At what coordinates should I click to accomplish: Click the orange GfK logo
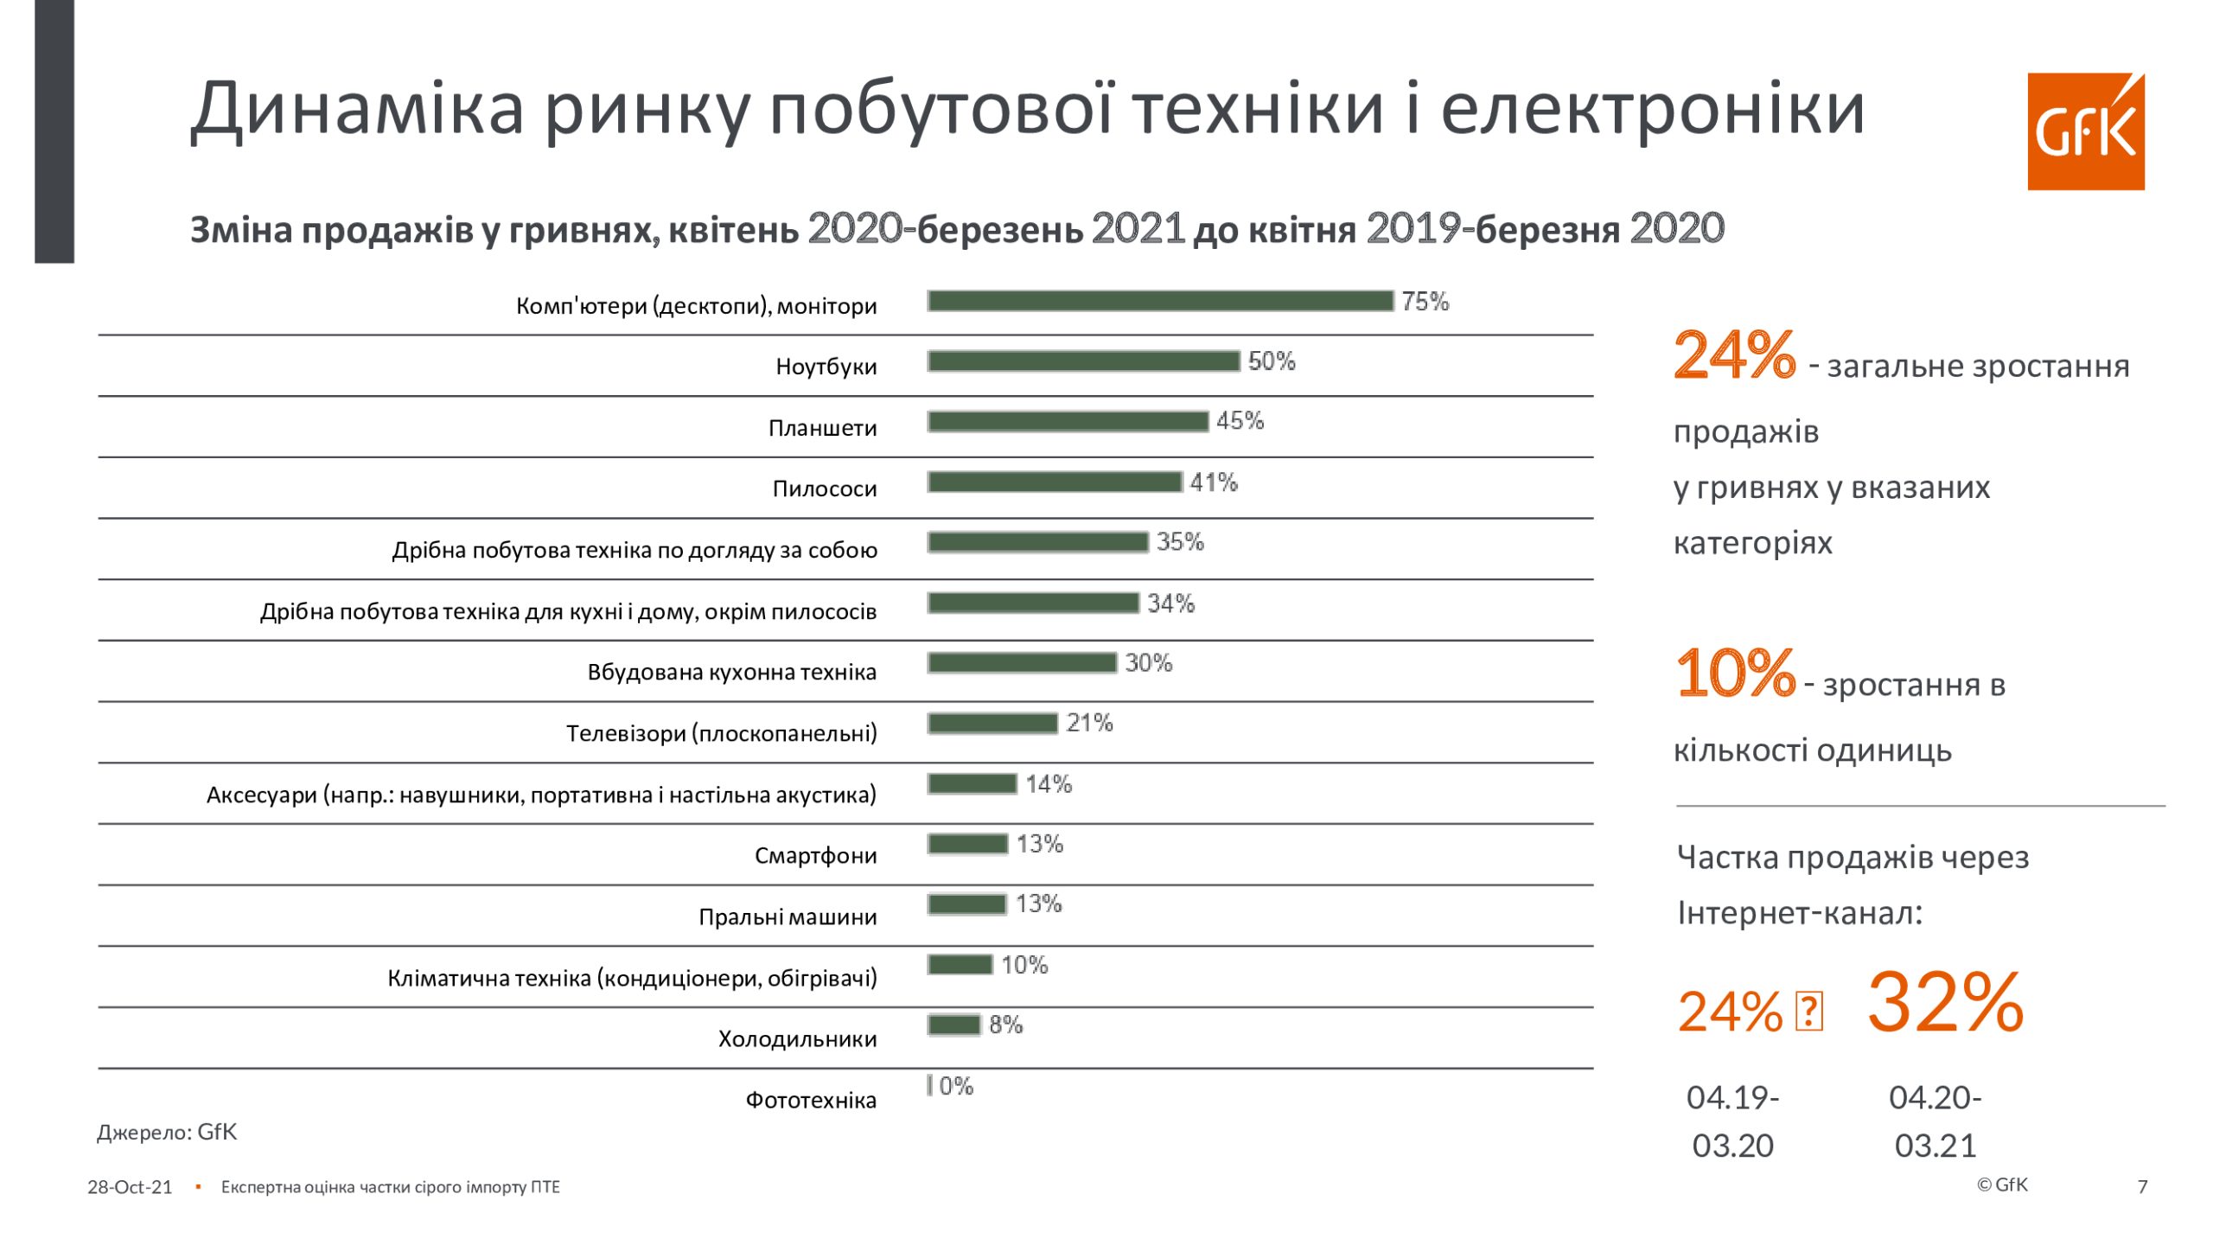pos(2085,131)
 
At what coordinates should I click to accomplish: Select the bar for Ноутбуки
pos(1083,361)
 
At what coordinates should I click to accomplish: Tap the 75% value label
pos(1425,302)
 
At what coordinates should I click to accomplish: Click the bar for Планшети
pos(1068,422)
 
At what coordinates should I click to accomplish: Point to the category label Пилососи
pos(824,489)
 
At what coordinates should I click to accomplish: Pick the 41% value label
pos(1214,482)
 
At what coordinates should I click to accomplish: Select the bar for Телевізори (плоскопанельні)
pos(992,724)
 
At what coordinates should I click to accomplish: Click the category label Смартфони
pos(815,856)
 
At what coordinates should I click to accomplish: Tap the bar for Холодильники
pos(954,1025)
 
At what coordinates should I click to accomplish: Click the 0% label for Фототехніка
pos(956,1086)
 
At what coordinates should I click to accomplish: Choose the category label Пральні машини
pos(788,917)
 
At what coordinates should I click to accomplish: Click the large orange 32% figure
pos(1945,1003)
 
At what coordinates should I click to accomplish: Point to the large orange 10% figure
pos(1735,673)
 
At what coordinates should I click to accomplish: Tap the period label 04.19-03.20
pos(1732,1121)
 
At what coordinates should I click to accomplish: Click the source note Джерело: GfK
pos(167,1133)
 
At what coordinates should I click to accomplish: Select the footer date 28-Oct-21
pos(130,1187)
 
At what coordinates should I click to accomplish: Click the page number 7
pos(2142,1187)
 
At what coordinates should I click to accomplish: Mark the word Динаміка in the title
pos(357,110)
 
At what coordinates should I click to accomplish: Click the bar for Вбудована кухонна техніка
pos(1022,663)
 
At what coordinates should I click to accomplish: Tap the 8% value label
pos(1005,1025)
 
